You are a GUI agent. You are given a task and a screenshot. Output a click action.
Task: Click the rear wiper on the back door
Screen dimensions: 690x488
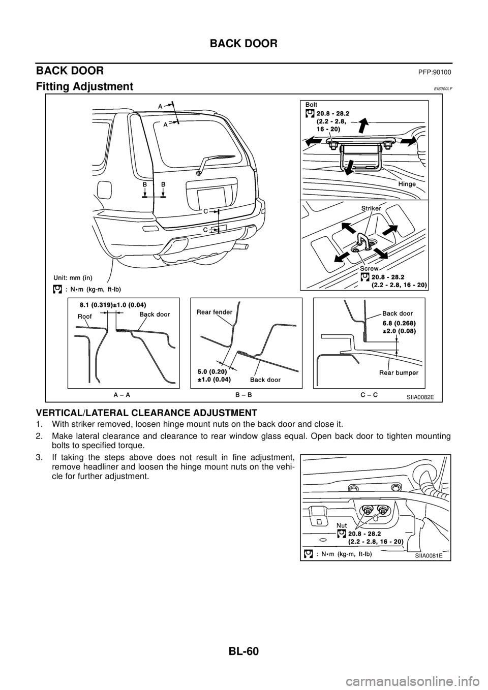tap(216, 162)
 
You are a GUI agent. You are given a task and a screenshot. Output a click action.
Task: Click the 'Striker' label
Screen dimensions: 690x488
tap(372, 208)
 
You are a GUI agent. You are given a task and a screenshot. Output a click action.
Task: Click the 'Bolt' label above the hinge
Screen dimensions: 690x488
tap(311, 104)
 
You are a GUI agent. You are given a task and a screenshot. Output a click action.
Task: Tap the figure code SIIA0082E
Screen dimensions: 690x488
tap(423, 397)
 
